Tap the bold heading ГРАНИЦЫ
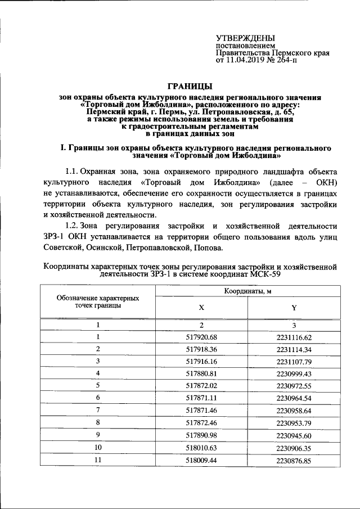pyautogui.click(x=191, y=86)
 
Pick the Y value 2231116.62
pyautogui.click(x=294, y=337)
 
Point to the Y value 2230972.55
pyautogui.click(x=294, y=385)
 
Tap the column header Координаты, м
pyautogui.click(x=247, y=291)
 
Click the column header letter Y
pyautogui.click(x=294, y=308)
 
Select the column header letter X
pyautogui.click(x=201, y=308)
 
